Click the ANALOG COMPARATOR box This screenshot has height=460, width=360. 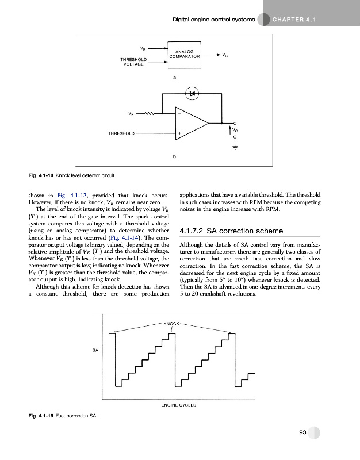[x=185, y=55]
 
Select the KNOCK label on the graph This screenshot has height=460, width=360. [x=171, y=323]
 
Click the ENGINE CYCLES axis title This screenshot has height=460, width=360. [x=179, y=405]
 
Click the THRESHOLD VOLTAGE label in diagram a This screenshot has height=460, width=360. [x=133, y=62]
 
